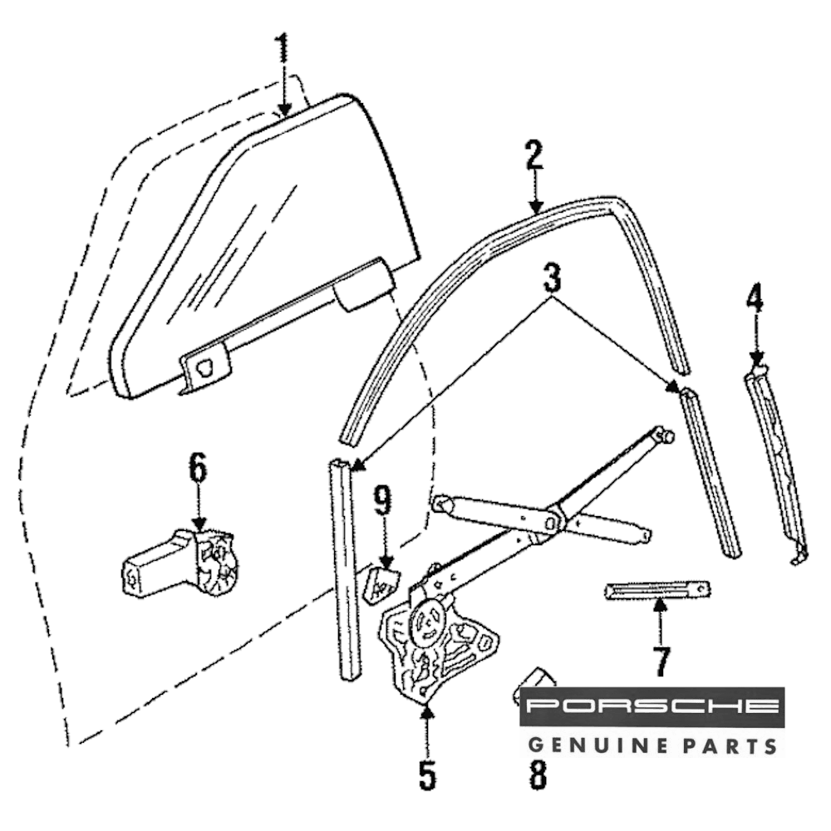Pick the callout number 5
click(426, 774)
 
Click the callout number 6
click(198, 469)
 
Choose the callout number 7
click(661, 661)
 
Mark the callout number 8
click(538, 774)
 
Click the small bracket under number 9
click(382, 585)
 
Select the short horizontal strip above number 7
click(656, 591)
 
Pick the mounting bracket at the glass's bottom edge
click(203, 366)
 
